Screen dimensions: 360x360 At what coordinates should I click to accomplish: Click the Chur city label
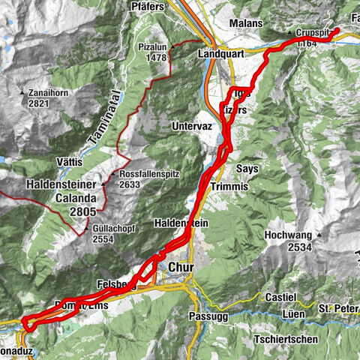point(182,266)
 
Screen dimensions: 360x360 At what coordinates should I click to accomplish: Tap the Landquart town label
point(223,55)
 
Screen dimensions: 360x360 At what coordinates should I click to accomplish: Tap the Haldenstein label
point(175,223)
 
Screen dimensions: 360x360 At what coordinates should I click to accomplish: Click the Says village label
point(247,169)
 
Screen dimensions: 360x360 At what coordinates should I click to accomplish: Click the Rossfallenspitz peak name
point(149,174)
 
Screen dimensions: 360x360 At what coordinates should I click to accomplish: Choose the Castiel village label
point(281,298)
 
